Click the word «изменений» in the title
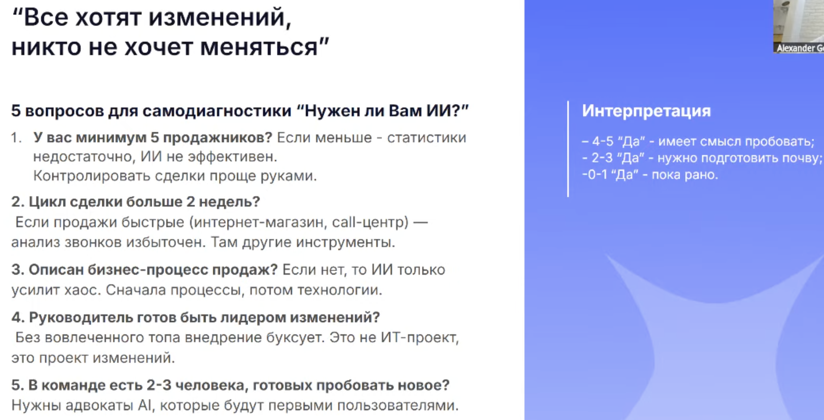217,17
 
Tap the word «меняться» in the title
259,47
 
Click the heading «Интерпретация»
646,111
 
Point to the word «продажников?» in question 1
218,138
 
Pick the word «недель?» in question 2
229,202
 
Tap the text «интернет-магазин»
261,222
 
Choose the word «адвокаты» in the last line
99,405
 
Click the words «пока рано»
685,175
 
